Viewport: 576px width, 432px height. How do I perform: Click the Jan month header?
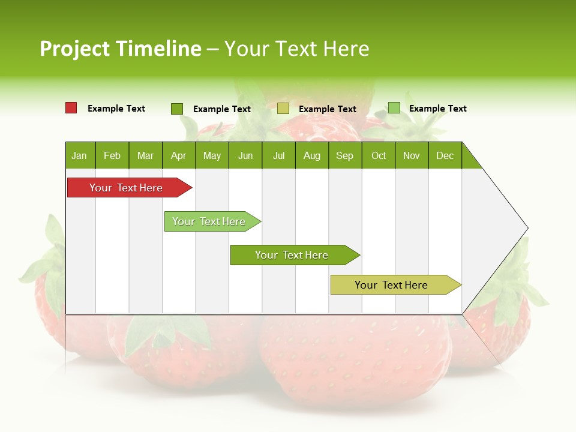pyautogui.click(x=80, y=155)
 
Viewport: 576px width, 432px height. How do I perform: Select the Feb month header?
pyautogui.click(x=112, y=155)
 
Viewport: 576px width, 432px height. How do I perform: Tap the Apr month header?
pyautogui.click(x=179, y=155)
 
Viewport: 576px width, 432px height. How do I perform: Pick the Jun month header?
pyautogui.click(x=245, y=155)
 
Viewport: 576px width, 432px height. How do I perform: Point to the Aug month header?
pyautogui.click(x=312, y=155)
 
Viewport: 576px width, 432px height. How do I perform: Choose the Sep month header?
pyautogui.click(x=345, y=155)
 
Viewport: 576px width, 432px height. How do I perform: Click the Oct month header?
pyautogui.click(x=379, y=155)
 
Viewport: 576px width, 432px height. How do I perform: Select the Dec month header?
pyautogui.click(x=445, y=155)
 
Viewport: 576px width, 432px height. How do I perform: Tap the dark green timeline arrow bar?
pyautogui.click(x=292, y=255)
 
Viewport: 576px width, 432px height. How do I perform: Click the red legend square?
pyautogui.click(x=71, y=108)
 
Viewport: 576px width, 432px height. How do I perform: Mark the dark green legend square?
pyautogui.click(x=177, y=109)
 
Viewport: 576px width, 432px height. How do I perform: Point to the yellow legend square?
pyautogui.click(x=283, y=109)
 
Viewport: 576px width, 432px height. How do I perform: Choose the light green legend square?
pyautogui.click(x=394, y=108)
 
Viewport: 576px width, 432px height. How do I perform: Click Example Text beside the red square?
pyautogui.click(x=116, y=109)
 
